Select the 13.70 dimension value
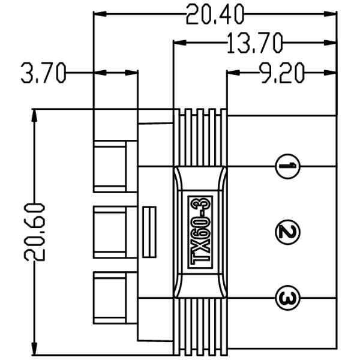254,43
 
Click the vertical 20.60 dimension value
35,231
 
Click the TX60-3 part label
200,231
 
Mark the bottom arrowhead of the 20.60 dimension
35,349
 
